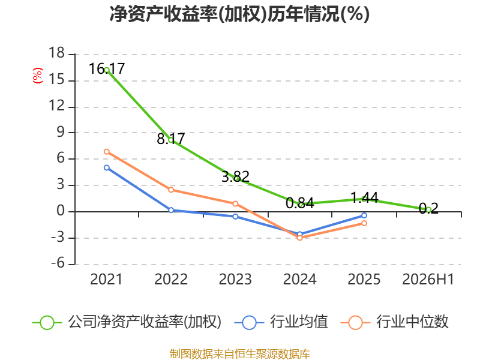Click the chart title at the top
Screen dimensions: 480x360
pyautogui.click(x=239, y=14)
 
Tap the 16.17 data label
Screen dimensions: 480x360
pyautogui.click(x=107, y=68)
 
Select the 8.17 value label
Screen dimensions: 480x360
pyautogui.click(x=171, y=139)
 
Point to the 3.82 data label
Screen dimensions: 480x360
pyautogui.click(x=235, y=176)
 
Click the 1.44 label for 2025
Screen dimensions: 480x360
pyautogui.click(x=364, y=198)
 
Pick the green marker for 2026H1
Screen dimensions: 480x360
pyautogui.click(x=428, y=209)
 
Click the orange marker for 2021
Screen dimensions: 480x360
pyautogui.click(x=107, y=152)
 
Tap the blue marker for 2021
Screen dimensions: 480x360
pyautogui.click(x=107, y=168)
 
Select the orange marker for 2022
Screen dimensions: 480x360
pyautogui.click(x=171, y=190)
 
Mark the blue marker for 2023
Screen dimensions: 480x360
pyautogui.click(x=235, y=217)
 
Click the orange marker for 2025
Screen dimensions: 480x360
pyautogui.click(x=364, y=223)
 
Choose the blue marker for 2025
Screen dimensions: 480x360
pyautogui.click(x=364, y=215)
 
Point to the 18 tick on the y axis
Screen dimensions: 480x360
pyautogui.click(x=57, y=53)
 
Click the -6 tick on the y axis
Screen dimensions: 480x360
pyautogui.click(x=58, y=263)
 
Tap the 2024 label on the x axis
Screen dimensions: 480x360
pyautogui.click(x=299, y=279)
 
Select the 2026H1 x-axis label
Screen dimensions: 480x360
pyautogui.click(x=428, y=279)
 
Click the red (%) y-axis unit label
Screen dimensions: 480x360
pyautogui.click(x=38, y=76)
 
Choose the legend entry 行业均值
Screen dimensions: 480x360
pyautogui.click(x=281, y=322)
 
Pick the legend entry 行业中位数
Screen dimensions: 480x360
pyautogui.click(x=394, y=322)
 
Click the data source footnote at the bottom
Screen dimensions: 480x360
pyautogui.click(x=240, y=354)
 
